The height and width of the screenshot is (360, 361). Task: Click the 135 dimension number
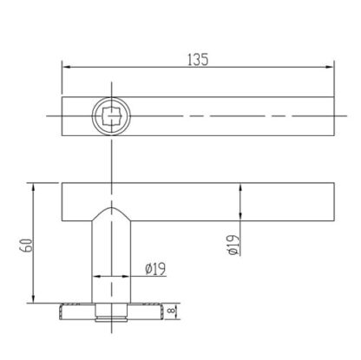[x=198, y=60]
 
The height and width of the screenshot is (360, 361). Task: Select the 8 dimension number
[x=171, y=311]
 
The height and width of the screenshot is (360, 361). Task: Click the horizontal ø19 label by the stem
[x=155, y=269]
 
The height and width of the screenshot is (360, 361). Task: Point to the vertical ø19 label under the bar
[x=233, y=245]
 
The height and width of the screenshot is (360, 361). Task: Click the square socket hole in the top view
[x=111, y=116]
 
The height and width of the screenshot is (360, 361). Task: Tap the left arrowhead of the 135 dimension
[x=67, y=67]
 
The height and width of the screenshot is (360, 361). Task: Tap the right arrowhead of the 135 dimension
[x=330, y=67]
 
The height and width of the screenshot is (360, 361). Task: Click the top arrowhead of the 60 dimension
[x=33, y=187]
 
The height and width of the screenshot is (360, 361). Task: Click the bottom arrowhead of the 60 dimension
[x=33, y=298]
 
